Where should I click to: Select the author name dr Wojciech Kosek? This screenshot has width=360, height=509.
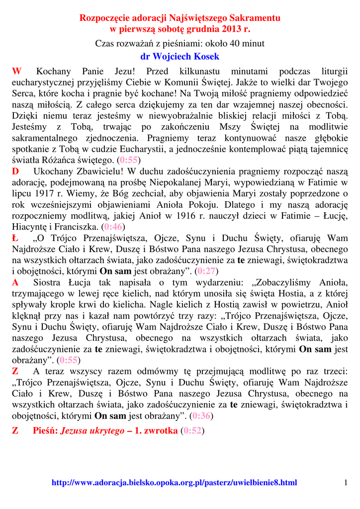tap(180, 56)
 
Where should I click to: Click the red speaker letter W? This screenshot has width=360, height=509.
tap(16, 72)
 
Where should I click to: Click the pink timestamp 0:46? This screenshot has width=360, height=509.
tap(114, 227)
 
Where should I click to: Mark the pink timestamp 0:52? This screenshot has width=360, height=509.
tap(192, 431)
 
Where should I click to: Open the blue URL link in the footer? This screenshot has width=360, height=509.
tap(174, 483)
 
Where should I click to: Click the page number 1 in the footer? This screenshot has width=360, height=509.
tap(345, 483)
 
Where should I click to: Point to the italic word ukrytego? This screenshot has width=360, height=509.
tap(107, 431)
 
